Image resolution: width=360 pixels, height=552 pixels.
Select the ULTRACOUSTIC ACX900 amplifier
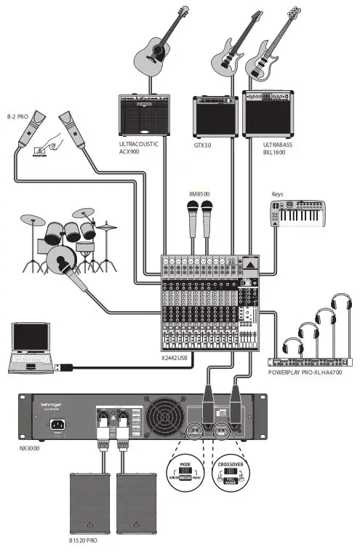click(144, 116)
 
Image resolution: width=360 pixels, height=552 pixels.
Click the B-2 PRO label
click(17, 116)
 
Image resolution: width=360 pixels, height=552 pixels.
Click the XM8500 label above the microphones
click(199, 194)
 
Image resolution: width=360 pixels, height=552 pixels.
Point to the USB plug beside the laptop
click(64, 368)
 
